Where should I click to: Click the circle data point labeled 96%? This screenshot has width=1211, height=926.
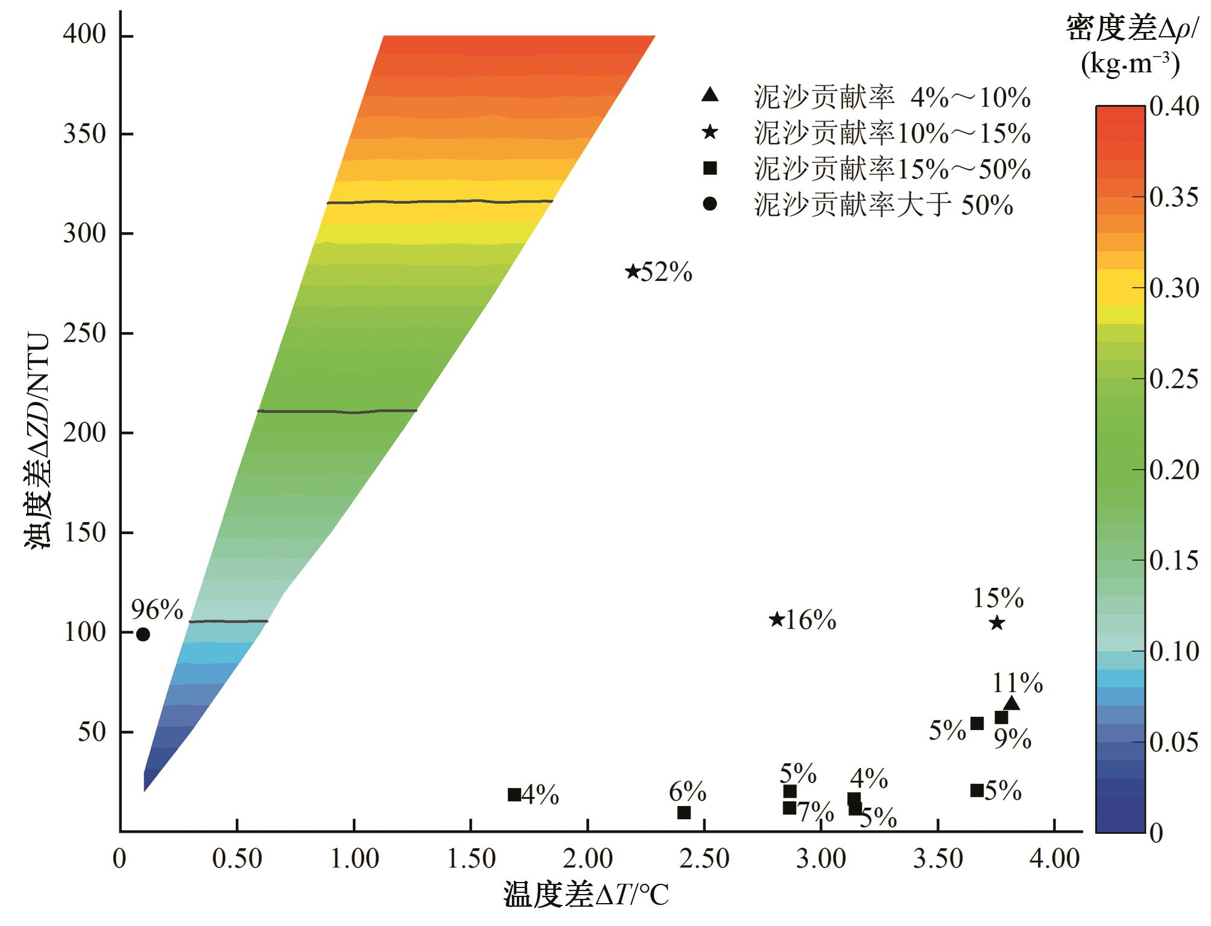click(x=143, y=634)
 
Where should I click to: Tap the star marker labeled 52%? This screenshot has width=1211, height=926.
click(x=632, y=271)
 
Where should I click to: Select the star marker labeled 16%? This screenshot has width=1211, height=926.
click(x=777, y=619)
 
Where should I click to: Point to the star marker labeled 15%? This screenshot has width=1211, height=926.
click(x=997, y=622)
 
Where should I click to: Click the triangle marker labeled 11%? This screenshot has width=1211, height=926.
click(x=1011, y=703)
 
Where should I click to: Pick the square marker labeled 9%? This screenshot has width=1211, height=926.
click(x=1001, y=717)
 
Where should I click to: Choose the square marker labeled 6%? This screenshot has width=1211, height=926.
click(x=684, y=813)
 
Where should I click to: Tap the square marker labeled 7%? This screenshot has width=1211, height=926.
click(x=789, y=808)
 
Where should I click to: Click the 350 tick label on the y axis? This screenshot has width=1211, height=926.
click(x=84, y=134)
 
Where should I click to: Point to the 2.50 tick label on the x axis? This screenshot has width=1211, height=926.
click(x=704, y=858)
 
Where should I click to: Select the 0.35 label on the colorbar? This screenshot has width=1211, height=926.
click(x=1174, y=197)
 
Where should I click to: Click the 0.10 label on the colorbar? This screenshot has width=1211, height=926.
click(x=1174, y=651)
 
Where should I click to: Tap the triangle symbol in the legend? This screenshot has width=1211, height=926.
click(x=710, y=95)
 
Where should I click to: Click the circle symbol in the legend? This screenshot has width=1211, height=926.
click(x=710, y=204)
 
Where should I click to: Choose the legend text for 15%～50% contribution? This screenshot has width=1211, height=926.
click(x=892, y=169)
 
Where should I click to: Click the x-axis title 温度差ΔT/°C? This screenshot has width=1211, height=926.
click(x=586, y=896)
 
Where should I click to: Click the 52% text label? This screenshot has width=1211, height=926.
click(x=666, y=272)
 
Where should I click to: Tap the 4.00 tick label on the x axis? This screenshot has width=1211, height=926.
click(x=1054, y=858)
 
